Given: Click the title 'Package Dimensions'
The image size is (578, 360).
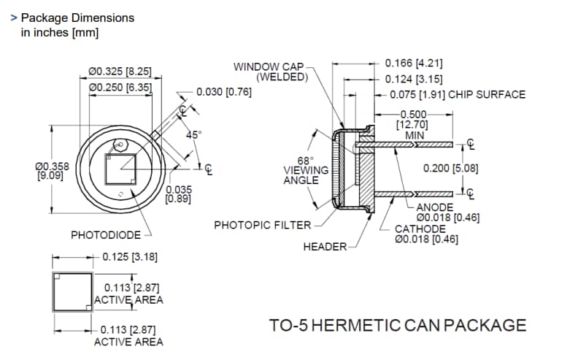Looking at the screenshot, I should point(77,18).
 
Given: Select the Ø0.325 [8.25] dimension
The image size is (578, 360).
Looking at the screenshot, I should point(120,72).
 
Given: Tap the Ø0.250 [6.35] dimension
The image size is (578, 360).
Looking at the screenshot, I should point(120,87).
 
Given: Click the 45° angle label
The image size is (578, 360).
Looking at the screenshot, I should point(193,135).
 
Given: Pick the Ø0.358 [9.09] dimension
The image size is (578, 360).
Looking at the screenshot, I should point(52,171).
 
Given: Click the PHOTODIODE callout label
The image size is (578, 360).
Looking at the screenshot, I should point(105,235).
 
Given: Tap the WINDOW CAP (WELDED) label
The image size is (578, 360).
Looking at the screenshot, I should point(271,72).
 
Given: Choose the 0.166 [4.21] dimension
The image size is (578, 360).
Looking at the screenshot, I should point(414,64).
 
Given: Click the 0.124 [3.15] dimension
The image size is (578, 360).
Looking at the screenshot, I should point(414,79).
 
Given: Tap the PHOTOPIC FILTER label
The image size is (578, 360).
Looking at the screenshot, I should point(262,226).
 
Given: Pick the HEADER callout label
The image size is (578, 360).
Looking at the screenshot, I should point(325,247).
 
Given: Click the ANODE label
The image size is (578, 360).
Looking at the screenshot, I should point(435,207).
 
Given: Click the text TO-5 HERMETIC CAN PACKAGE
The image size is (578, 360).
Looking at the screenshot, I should point(398,325).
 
